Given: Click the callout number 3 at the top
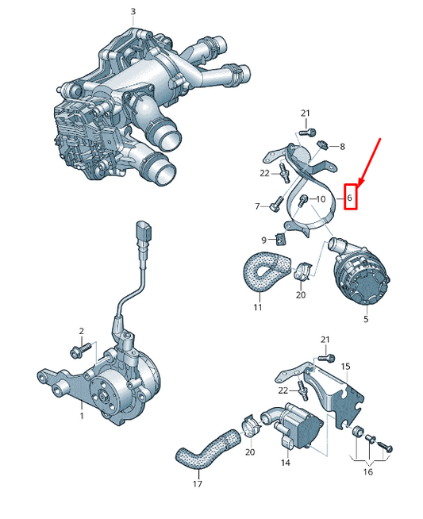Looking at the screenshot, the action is point(133,12).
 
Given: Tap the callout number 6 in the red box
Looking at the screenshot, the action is point(349,198).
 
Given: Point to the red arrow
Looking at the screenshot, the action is point(369,161).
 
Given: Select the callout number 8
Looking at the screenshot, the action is point(342,146).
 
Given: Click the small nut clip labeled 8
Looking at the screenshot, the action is point(321,144).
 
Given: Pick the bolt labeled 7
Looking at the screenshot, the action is point(276,204).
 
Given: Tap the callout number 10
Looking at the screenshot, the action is point(321,199).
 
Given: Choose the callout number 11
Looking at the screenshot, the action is point(257,307).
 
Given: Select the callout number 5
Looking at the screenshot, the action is point(366,319).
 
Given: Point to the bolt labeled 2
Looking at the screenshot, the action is point(80,351).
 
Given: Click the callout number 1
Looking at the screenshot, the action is point(82,416).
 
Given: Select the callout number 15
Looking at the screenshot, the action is point(345,367).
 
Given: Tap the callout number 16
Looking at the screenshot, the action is point(367,471).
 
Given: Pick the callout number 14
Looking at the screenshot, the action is point(286,463).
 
